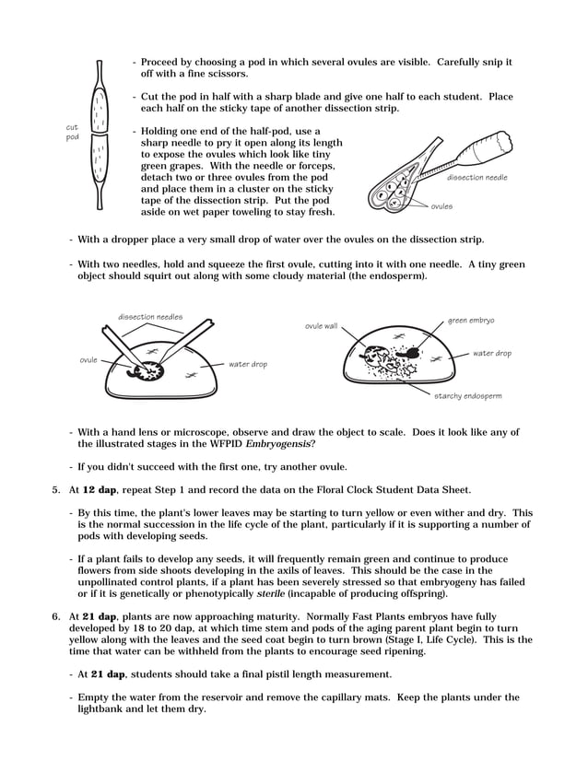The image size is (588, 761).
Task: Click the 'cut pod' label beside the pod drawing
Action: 72,132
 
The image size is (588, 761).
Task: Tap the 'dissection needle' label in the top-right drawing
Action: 476,177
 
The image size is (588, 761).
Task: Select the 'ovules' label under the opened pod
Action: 441,206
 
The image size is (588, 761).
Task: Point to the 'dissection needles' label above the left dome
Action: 149,317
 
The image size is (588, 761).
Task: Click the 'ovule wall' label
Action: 321,326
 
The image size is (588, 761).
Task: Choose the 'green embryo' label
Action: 471,321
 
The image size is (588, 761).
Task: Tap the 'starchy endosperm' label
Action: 468,396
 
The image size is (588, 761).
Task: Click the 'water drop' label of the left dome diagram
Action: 248,364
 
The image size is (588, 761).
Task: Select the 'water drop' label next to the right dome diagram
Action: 491,353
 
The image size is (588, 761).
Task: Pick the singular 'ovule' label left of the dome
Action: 88,359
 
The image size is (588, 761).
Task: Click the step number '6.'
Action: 56,615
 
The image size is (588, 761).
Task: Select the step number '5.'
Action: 56,489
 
